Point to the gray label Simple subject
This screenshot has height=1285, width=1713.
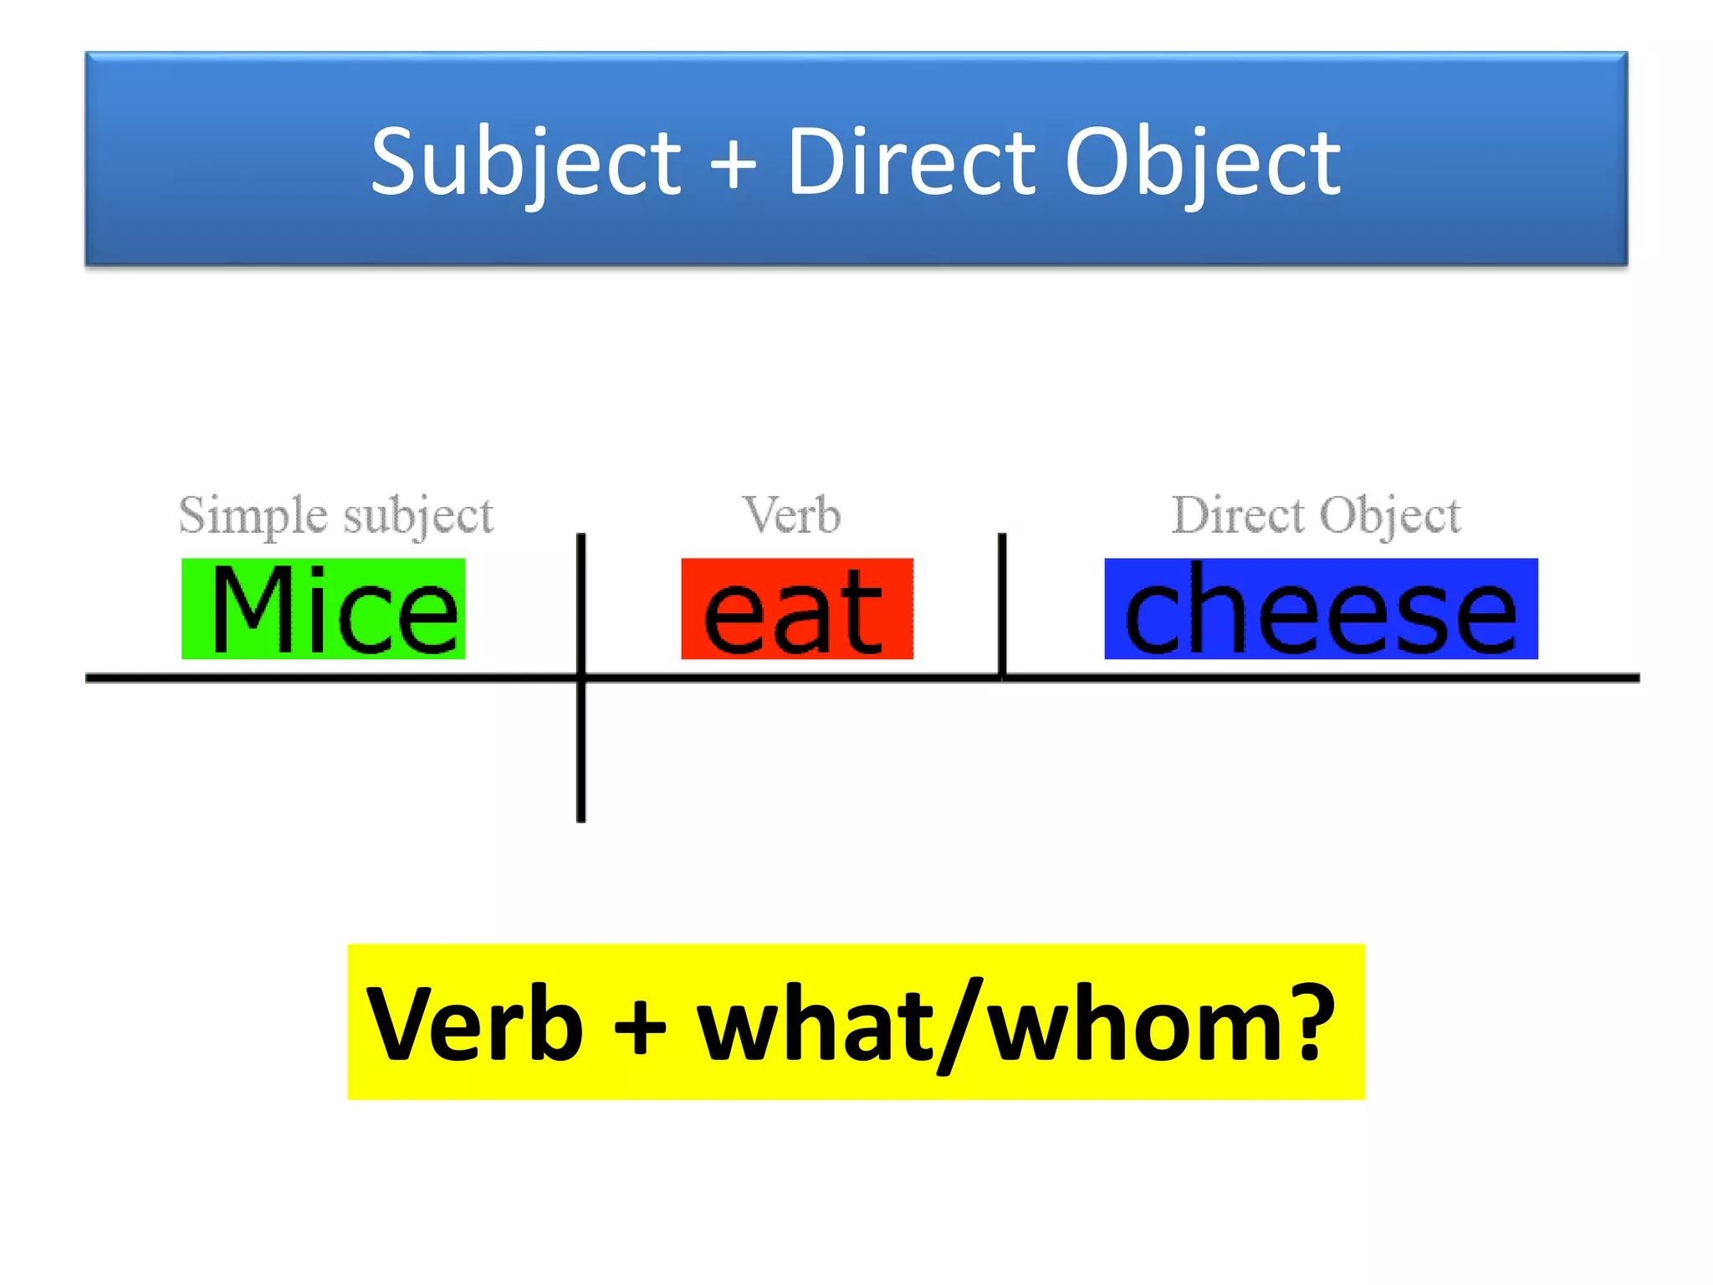click(336, 515)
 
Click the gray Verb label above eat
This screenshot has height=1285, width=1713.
click(792, 515)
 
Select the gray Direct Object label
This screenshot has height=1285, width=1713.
click(1316, 515)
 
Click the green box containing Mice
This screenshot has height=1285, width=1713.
click(323, 608)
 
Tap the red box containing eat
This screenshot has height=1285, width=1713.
click(797, 608)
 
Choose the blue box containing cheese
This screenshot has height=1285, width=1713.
click(1321, 608)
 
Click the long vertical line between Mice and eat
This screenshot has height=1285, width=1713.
click(581, 753)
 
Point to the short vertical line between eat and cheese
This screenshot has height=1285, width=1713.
click(1002, 602)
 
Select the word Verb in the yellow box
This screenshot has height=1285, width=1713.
click(474, 1024)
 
